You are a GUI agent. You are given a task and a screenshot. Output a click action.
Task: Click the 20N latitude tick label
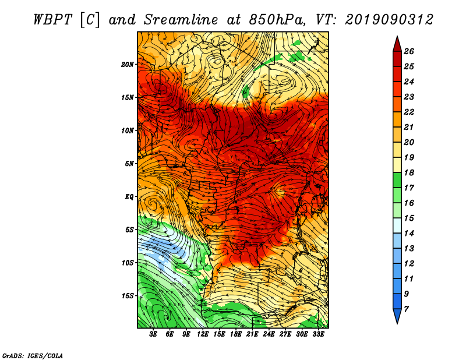coord(128,65)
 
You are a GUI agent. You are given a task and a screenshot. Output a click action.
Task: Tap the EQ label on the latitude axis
coord(129,197)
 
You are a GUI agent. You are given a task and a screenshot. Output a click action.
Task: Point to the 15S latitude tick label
coord(128,296)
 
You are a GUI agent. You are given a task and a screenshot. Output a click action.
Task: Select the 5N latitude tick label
coord(129,164)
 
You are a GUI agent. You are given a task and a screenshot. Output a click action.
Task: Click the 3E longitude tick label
coord(153,334)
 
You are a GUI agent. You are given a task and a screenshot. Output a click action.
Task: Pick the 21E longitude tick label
coord(252,334)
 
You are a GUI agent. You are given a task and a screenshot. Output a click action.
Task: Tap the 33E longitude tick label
coord(318,334)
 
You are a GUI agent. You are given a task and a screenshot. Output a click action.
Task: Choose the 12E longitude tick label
coord(202,334)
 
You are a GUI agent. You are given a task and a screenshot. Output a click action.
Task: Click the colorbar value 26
coord(409,51)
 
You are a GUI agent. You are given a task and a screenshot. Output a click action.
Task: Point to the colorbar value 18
coord(409,172)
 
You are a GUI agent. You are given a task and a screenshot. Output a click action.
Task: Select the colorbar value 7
coord(406,309)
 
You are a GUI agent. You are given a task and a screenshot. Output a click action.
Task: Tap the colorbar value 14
coord(409,234)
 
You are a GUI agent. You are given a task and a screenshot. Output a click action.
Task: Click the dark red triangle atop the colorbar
coord(397,45)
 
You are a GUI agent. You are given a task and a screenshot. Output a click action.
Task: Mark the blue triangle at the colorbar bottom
coord(397,316)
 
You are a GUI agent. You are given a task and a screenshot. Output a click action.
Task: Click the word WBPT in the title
coord(52,20)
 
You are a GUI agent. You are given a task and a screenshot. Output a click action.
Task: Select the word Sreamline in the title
coord(181,20)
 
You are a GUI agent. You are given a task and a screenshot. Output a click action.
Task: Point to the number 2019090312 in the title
coord(389,20)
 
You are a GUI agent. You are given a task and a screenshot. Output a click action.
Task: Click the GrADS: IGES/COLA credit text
coord(33,356)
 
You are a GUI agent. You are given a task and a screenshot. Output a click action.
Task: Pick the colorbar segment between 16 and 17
coord(397,195)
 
